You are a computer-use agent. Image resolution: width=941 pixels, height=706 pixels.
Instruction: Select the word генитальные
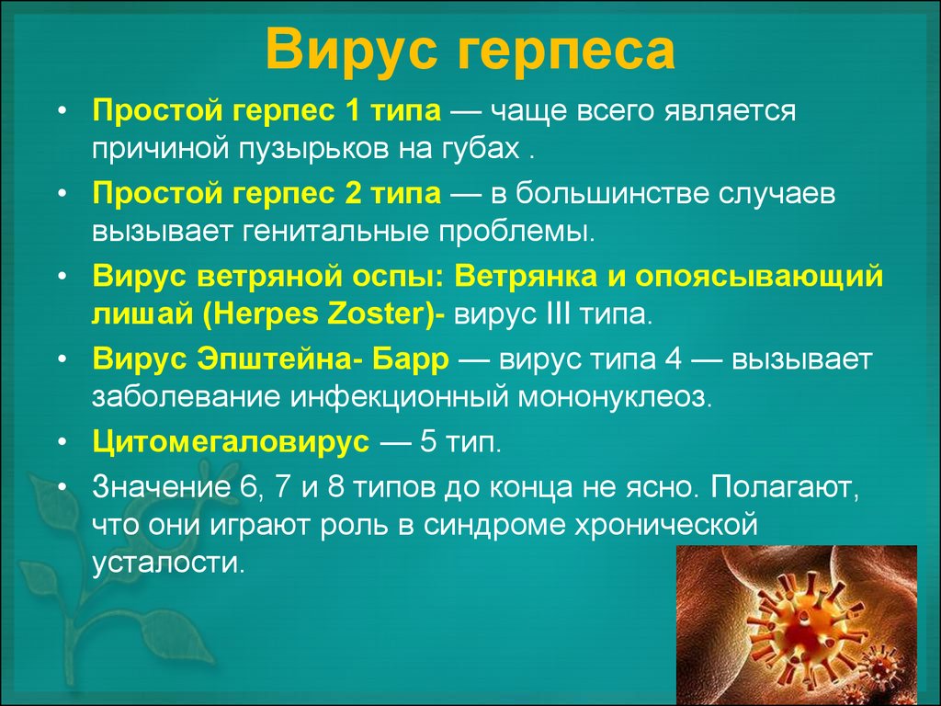(x=329, y=231)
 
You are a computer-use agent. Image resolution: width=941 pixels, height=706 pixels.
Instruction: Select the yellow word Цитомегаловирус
(x=230, y=441)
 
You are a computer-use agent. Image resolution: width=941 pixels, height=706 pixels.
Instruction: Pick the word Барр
(x=412, y=359)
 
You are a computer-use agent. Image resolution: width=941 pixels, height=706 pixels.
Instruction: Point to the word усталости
(x=167, y=563)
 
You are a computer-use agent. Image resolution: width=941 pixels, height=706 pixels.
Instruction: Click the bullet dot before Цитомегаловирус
(x=61, y=442)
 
